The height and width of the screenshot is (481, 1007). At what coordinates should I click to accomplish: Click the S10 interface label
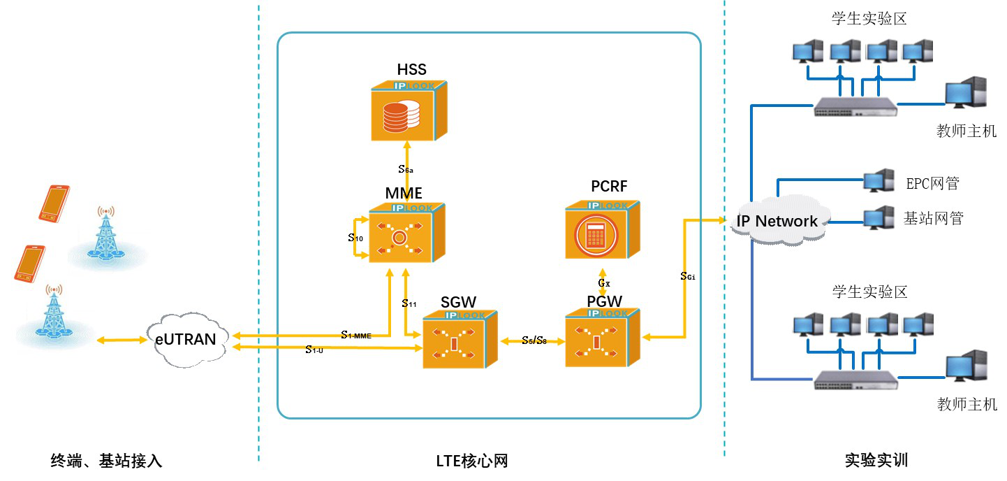click(355, 238)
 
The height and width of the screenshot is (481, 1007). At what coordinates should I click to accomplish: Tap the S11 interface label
click(409, 303)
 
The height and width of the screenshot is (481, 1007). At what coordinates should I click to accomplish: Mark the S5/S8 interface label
click(534, 340)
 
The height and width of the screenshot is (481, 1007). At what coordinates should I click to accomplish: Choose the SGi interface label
click(687, 276)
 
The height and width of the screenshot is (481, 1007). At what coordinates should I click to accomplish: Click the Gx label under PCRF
click(604, 283)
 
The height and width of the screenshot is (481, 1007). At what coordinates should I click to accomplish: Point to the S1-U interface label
click(314, 350)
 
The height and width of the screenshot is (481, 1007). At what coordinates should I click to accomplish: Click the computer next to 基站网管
click(879, 217)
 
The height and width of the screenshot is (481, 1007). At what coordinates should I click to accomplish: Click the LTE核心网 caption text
click(471, 461)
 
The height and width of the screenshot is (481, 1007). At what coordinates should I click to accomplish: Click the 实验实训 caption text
click(876, 461)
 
